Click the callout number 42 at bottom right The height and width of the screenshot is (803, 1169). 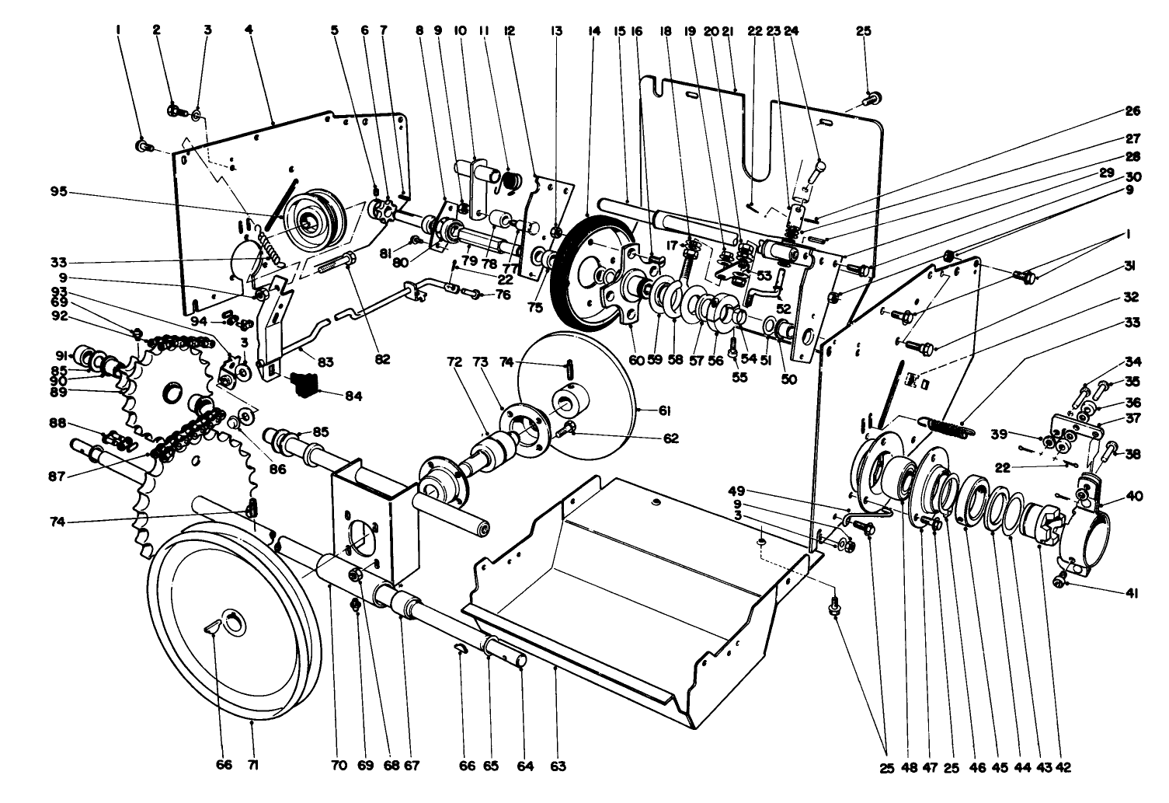tap(1063, 767)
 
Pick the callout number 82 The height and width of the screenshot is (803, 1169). tap(381, 361)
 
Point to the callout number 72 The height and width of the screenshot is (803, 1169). tap(455, 362)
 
